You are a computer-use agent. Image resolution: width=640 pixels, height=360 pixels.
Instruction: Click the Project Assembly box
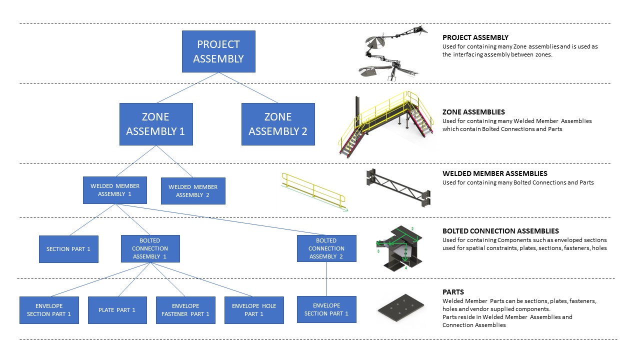(218, 51)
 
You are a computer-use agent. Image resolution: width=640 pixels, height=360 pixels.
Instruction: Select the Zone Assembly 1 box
(156, 124)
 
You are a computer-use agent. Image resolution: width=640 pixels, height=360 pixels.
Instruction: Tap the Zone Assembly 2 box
(278, 124)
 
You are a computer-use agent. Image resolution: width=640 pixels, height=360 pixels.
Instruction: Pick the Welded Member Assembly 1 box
(115, 190)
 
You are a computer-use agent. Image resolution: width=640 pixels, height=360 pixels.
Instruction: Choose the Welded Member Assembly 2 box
(193, 191)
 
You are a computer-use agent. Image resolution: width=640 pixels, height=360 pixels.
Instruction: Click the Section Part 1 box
(68, 249)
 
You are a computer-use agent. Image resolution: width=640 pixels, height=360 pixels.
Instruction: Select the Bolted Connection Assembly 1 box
(150, 248)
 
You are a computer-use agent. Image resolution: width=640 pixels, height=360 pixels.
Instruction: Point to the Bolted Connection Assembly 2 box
(326, 248)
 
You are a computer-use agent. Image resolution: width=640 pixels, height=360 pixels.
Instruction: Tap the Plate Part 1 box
(117, 310)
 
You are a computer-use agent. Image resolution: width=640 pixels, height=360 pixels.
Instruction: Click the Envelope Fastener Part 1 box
(185, 310)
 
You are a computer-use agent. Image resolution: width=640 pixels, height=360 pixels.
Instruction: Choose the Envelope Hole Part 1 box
(254, 310)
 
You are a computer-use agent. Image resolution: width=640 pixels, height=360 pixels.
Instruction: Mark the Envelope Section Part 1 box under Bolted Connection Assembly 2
(326, 309)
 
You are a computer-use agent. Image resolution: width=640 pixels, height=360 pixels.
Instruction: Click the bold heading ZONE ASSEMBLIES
(473, 112)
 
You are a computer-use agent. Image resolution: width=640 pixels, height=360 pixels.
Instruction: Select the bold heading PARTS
(453, 292)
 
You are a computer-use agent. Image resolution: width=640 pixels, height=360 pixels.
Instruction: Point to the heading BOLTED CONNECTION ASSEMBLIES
(500, 231)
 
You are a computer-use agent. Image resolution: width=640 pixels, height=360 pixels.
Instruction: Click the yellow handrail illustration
(313, 191)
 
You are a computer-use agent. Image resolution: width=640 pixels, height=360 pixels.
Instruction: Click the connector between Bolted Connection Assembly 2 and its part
(326, 279)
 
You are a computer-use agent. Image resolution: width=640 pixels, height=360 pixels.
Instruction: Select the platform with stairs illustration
(386, 123)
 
